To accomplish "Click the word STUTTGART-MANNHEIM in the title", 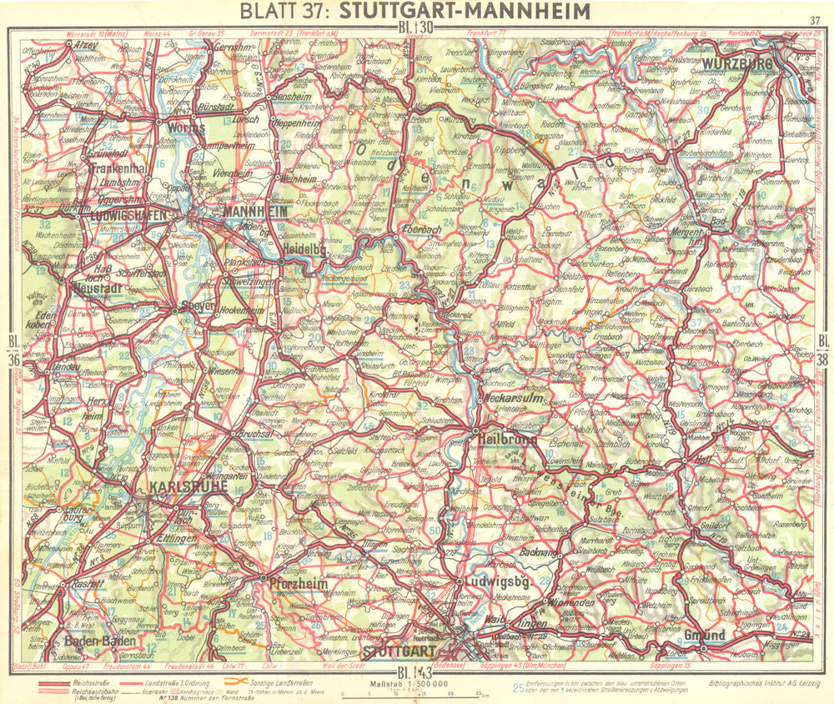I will [x=465, y=11].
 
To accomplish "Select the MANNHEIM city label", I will [x=255, y=213].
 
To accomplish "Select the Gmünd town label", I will [x=704, y=635].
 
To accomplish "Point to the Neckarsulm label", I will [x=510, y=399].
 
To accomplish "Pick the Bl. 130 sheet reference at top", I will [x=415, y=28].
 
